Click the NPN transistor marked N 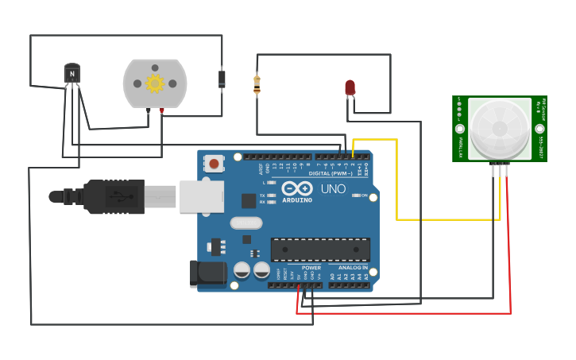click(x=72, y=75)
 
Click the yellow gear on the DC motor click(x=154, y=83)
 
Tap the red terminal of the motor click(x=162, y=111)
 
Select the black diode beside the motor click(x=222, y=79)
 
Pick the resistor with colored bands click(x=257, y=84)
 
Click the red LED click(x=350, y=87)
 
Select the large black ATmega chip click(x=320, y=250)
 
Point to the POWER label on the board click(x=311, y=268)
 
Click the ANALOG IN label click(x=354, y=268)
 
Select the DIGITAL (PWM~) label click(x=330, y=172)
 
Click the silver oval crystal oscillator click(x=246, y=223)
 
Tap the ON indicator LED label click(x=365, y=195)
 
